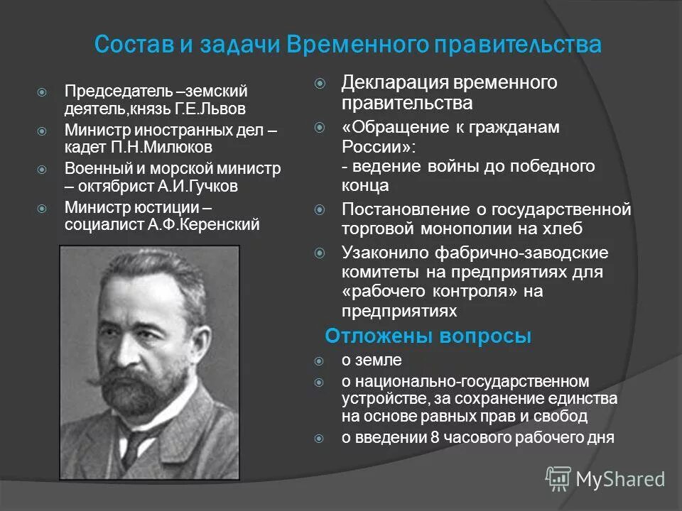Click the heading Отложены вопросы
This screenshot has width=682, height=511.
(428, 336)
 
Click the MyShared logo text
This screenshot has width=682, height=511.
(619, 479)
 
